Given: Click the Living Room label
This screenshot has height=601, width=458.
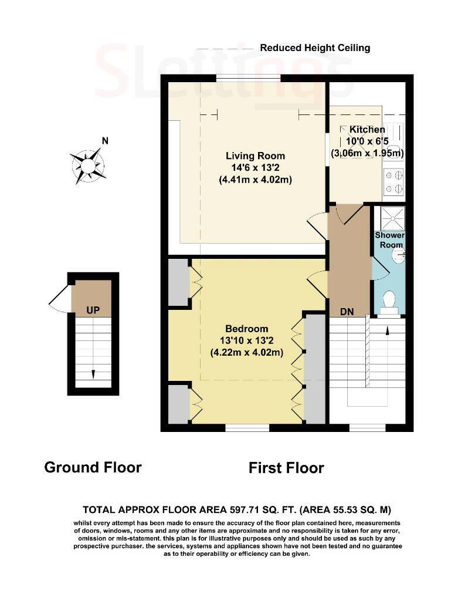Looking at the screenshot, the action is pos(255,156).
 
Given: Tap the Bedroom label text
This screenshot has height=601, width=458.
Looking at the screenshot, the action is pos(247,329).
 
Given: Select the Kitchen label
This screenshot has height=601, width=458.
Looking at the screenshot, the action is pos(367,130).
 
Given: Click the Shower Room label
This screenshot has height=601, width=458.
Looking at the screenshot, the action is pos(389,240).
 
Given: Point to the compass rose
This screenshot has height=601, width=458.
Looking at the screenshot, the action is pos(88,166).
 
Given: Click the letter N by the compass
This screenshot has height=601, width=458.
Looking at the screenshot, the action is pos(105,141).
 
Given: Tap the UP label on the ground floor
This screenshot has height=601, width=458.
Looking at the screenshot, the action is pos(93,310).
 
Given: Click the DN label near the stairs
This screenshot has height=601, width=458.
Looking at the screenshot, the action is pos(347,312).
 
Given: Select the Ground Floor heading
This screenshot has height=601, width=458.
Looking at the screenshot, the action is pos(93,467).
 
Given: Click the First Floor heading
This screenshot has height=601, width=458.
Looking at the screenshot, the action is pos(286,468).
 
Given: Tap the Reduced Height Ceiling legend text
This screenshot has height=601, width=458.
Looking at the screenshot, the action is pos(315,48).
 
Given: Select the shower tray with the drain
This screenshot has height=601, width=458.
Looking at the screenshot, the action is pos(392,218).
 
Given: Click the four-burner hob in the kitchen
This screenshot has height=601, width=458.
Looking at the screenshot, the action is pos(393,182).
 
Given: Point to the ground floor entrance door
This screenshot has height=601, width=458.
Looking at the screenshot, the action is pos(59,299).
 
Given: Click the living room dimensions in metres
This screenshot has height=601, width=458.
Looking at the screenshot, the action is pos(255,179).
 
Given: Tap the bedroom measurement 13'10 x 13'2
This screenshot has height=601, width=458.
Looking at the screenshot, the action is pos(247,340).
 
